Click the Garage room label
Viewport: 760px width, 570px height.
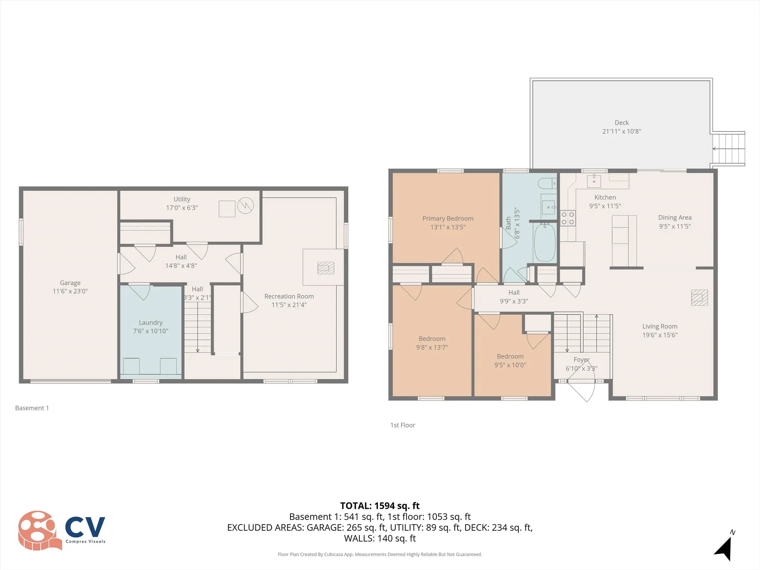pos(70,283)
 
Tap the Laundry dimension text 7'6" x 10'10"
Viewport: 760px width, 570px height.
pos(150,331)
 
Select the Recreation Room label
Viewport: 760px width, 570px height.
pos(289,296)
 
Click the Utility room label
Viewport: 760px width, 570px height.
pos(182,199)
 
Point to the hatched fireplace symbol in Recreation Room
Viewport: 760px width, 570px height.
pos(326,268)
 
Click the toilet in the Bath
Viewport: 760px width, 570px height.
pos(547,184)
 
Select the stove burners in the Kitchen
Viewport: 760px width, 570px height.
pos(568,218)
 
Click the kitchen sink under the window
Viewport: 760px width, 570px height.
pos(594,181)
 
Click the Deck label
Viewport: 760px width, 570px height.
pos(621,123)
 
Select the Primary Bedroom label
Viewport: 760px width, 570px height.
pos(448,218)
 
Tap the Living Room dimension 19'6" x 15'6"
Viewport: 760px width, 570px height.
pos(660,335)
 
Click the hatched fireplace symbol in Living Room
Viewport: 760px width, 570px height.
pos(699,298)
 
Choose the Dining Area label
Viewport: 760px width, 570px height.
pos(674,217)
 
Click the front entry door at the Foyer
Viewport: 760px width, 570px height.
pos(582,390)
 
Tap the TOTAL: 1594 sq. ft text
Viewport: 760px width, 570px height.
pos(380,505)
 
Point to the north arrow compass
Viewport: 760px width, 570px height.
pos(724,548)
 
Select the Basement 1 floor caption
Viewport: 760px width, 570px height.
pos(32,408)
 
